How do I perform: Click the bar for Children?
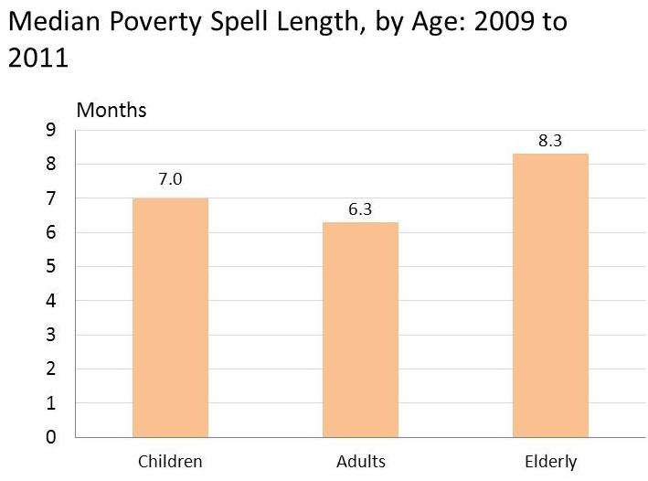tap(170, 317)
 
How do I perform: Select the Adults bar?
tap(360, 329)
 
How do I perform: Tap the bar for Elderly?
tap(550, 295)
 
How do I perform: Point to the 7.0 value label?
tap(170, 179)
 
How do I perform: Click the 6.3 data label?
tap(360, 209)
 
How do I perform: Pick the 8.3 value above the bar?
tap(550, 141)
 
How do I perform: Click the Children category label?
tap(170, 462)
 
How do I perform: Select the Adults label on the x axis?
tap(361, 462)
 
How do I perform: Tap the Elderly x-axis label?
tap(551, 462)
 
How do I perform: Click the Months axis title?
tap(112, 111)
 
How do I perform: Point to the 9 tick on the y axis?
tap(51, 130)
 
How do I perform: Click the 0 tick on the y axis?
tap(51, 437)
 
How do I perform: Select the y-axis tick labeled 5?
tap(51, 266)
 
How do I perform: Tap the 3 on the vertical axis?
tap(51, 335)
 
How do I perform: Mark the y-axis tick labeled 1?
tap(51, 403)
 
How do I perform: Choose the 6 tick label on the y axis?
tap(51, 232)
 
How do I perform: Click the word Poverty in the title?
tap(155, 22)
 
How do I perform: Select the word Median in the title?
tap(54, 21)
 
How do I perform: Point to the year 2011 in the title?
tap(38, 58)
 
